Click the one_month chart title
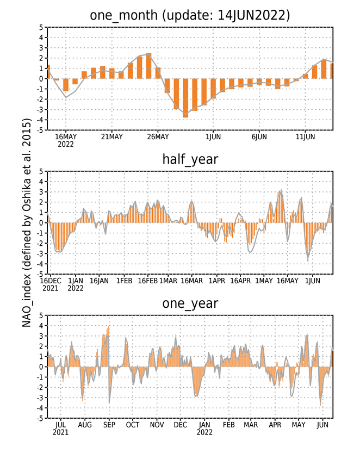(190, 15)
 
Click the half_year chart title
(190, 159)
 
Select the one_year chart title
(190, 303)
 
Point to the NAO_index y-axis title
(27, 222)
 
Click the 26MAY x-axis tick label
(158, 136)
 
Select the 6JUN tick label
(259, 136)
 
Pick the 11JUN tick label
(305, 136)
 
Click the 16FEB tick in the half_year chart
(148, 281)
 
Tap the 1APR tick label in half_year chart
(217, 281)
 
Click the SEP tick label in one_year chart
(109, 425)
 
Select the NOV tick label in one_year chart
(157, 425)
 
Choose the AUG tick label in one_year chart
(85, 425)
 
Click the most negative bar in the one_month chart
(185, 98)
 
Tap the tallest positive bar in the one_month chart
(148, 66)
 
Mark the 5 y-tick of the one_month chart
(41, 27)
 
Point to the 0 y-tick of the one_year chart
(41, 366)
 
